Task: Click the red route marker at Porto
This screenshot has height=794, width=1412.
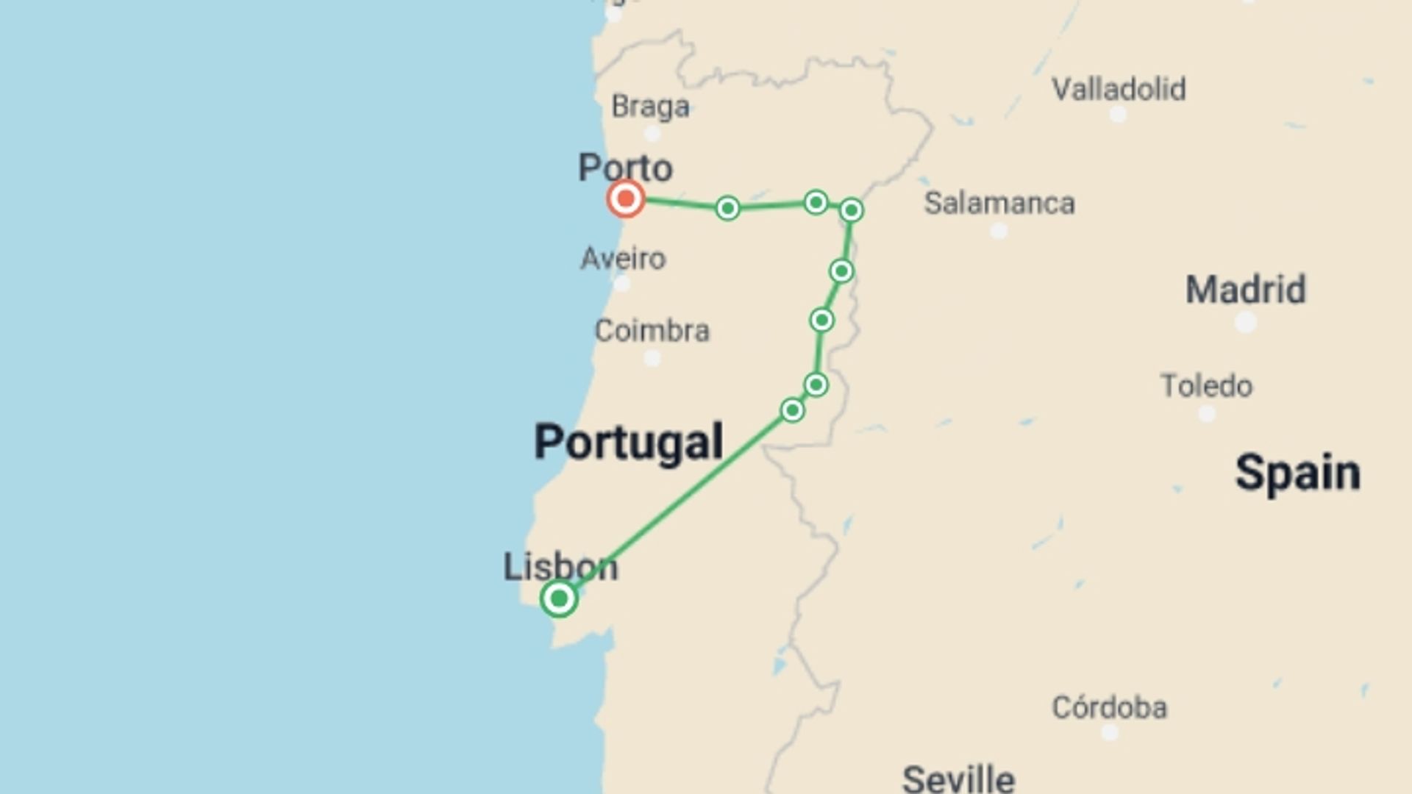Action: pyautogui.click(x=626, y=198)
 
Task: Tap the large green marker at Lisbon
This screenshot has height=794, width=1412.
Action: pyautogui.click(x=559, y=598)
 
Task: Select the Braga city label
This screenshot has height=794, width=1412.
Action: pyautogui.click(x=650, y=107)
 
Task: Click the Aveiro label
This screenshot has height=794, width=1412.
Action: pyautogui.click(x=623, y=259)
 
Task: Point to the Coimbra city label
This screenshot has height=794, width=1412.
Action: pyautogui.click(x=652, y=331)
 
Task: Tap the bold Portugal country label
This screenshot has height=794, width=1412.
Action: pyautogui.click(x=628, y=442)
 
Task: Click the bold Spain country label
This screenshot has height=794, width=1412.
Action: pyautogui.click(x=1297, y=472)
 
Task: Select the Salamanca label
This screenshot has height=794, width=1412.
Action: pyautogui.click(x=999, y=203)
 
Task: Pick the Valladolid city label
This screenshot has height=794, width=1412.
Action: pyautogui.click(x=1119, y=90)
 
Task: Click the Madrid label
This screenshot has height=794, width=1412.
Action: pyautogui.click(x=1246, y=290)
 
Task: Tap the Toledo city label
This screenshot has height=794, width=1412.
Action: pyautogui.click(x=1206, y=386)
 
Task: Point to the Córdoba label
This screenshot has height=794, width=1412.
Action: pyautogui.click(x=1109, y=707)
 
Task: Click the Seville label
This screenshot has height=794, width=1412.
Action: pyautogui.click(x=958, y=778)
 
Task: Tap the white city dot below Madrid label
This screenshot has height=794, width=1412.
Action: pyautogui.click(x=1245, y=322)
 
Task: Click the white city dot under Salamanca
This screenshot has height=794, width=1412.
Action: pyautogui.click(x=999, y=232)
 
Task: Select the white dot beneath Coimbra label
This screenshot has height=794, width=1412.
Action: pyautogui.click(x=652, y=359)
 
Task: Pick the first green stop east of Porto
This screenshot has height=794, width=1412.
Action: pyautogui.click(x=727, y=208)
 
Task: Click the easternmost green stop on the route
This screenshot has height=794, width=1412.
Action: pyautogui.click(x=851, y=210)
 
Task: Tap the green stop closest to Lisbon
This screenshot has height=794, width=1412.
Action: pyautogui.click(x=792, y=409)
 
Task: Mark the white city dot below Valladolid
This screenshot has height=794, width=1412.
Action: pyautogui.click(x=1118, y=115)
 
